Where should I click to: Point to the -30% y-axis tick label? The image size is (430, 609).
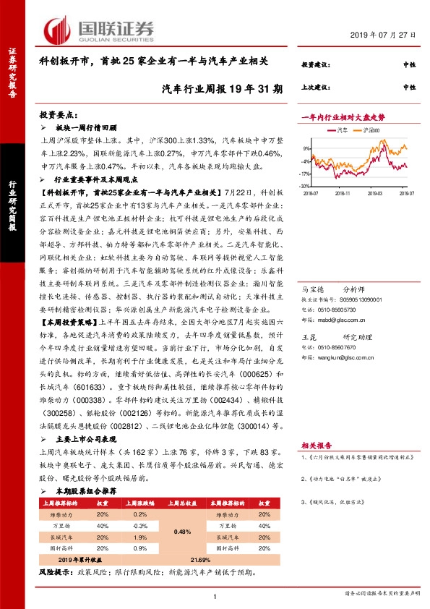(x=307, y=186)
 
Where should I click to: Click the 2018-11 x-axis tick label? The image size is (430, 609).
(x=343, y=193)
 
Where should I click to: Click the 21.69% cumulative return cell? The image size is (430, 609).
(x=201, y=560)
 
